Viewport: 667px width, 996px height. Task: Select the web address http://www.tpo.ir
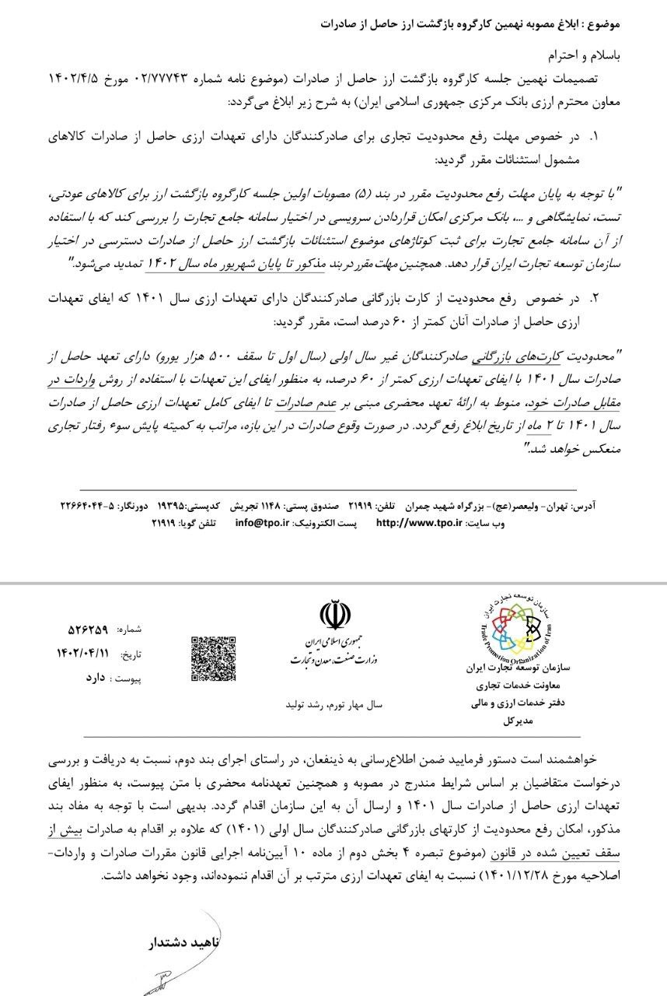pyautogui.click(x=420, y=524)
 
